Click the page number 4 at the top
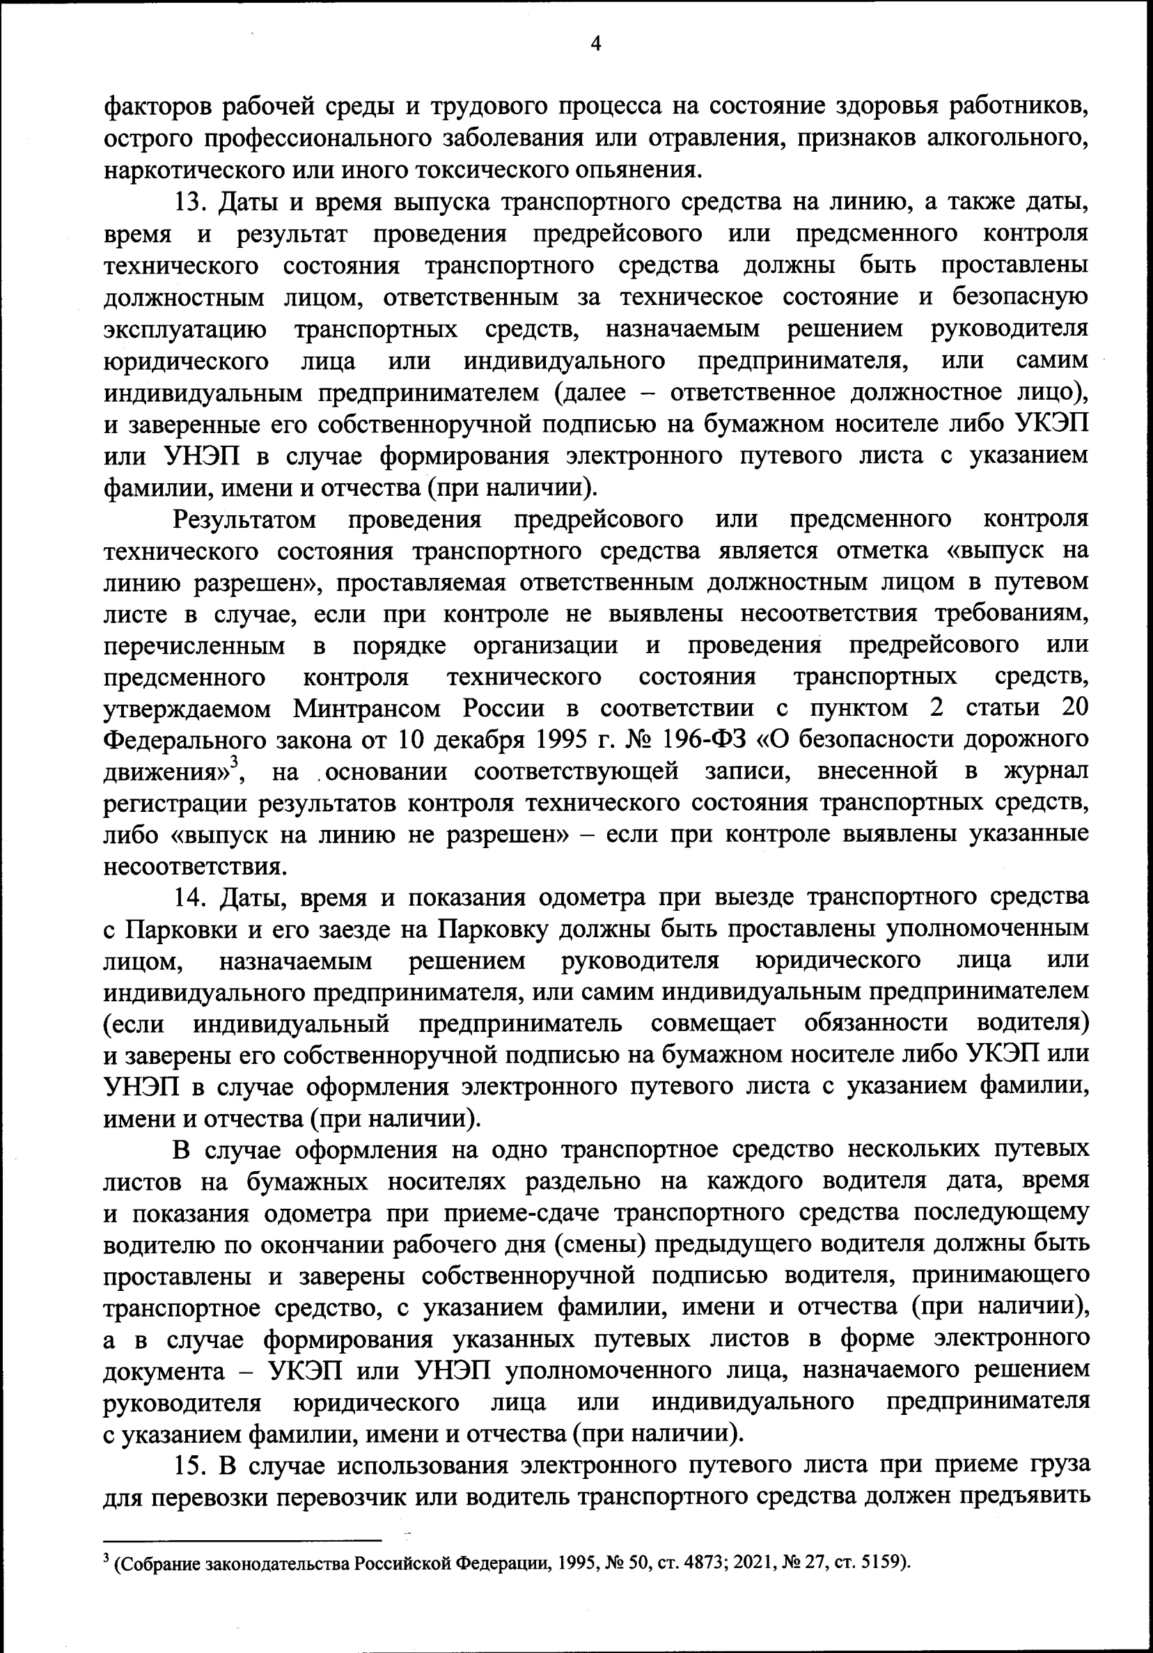(x=595, y=44)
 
